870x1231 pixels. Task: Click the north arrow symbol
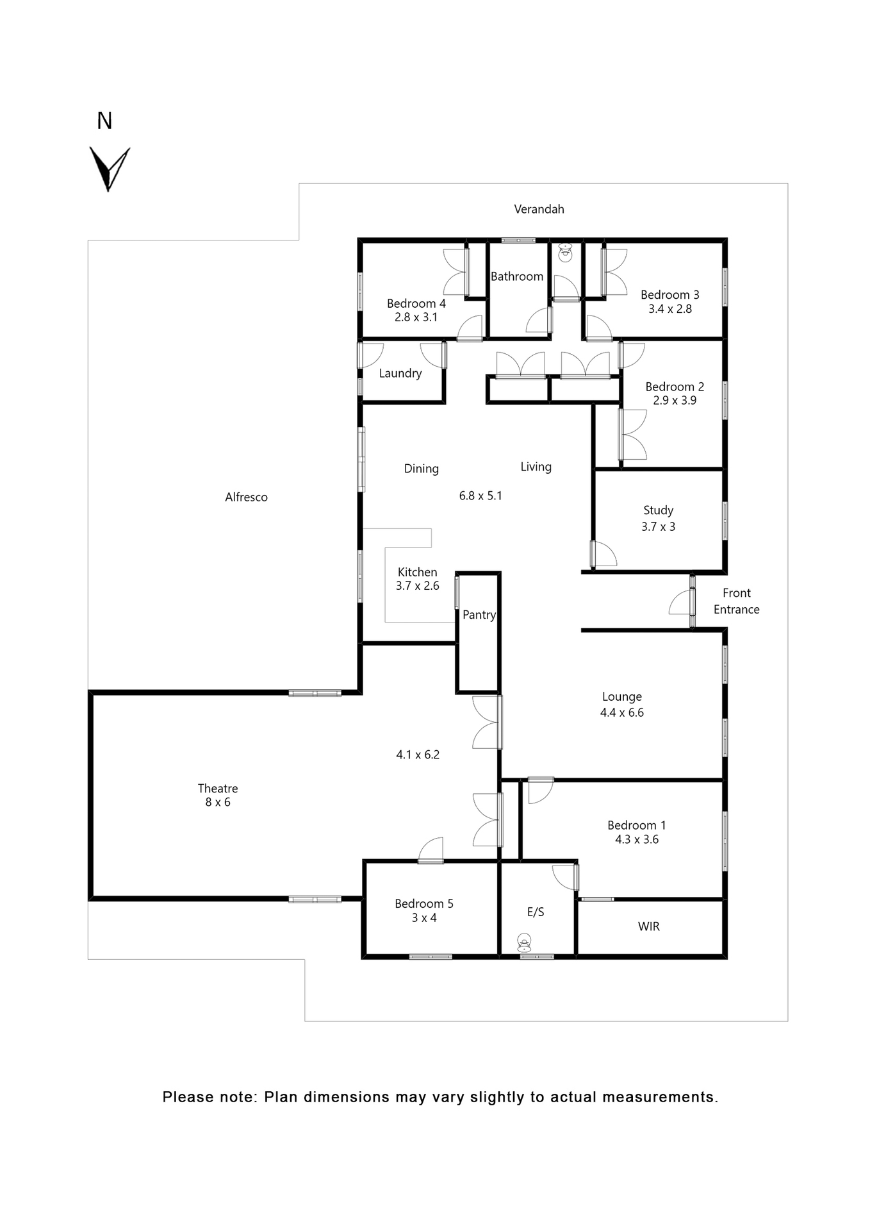[109, 169]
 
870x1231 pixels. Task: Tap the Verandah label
[539, 209]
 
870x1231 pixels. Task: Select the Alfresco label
[246, 497]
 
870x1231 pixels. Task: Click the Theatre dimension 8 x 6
[218, 802]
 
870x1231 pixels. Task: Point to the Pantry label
[479, 615]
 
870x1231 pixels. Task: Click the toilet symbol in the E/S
[524, 942]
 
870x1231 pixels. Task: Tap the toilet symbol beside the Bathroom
[565, 253]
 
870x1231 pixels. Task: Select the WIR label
[648, 926]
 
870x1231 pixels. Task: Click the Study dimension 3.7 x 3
[658, 526]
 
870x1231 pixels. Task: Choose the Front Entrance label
[736, 601]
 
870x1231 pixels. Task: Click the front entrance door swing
[680, 603]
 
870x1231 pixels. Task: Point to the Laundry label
[400, 373]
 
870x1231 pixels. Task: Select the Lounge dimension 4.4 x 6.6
[621, 712]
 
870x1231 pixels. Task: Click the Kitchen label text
[417, 572]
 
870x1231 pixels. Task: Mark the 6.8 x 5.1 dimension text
[480, 496]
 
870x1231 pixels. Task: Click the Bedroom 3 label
[669, 295]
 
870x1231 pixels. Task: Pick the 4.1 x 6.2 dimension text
[418, 755]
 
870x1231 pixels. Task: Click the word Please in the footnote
[187, 1097]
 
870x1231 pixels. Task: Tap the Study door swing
[604, 555]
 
